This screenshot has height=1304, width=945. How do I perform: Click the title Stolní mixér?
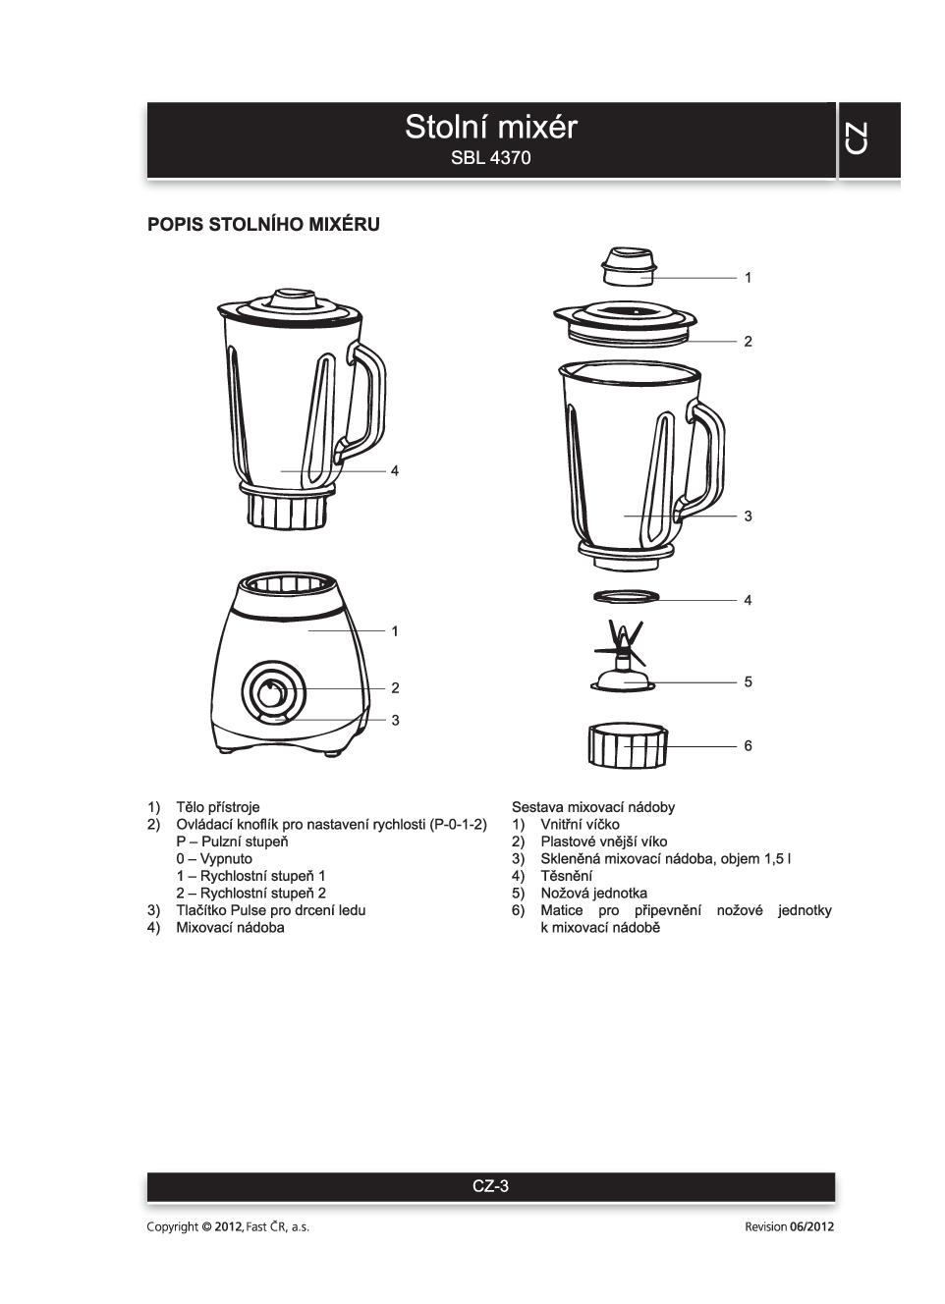(490, 128)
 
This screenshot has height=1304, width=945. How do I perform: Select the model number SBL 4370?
(490, 158)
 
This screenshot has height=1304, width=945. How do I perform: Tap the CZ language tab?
(856, 138)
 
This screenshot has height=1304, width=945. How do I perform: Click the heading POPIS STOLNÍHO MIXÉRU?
(263, 225)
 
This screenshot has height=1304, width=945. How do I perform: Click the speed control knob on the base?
(272, 691)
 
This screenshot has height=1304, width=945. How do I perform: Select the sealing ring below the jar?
(625, 596)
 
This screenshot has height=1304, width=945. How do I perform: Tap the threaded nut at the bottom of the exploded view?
(628, 746)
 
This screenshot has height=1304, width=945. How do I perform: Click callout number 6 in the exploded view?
(748, 746)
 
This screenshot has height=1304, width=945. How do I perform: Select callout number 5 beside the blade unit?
(748, 681)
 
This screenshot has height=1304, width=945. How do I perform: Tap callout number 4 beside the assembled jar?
(395, 471)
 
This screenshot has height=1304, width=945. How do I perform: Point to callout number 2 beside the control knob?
(395, 688)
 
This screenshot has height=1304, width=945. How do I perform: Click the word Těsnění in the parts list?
(566, 876)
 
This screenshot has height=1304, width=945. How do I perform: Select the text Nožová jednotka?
(593, 894)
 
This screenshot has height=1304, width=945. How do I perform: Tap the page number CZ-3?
(490, 1186)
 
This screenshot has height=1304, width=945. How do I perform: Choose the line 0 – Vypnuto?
(214, 859)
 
